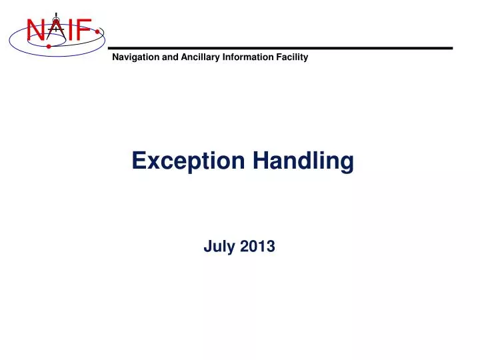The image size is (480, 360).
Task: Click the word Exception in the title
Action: [x=188, y=161]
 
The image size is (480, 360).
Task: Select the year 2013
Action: [x=259, y=247]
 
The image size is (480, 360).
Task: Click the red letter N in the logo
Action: [x=35, y=31]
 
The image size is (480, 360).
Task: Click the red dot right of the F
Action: [x=98, y=31]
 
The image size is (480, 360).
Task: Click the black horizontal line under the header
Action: [x=280, y=48]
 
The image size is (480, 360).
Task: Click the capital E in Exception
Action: [x=139, y=161]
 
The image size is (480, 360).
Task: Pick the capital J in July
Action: [x=207, y=247]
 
